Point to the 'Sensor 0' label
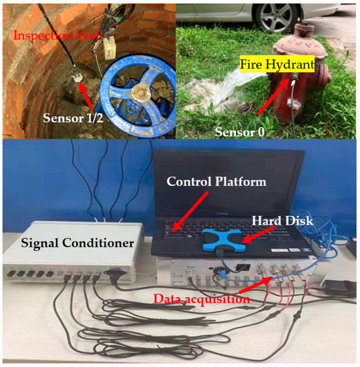pyautogui.click(x=239, y=131)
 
